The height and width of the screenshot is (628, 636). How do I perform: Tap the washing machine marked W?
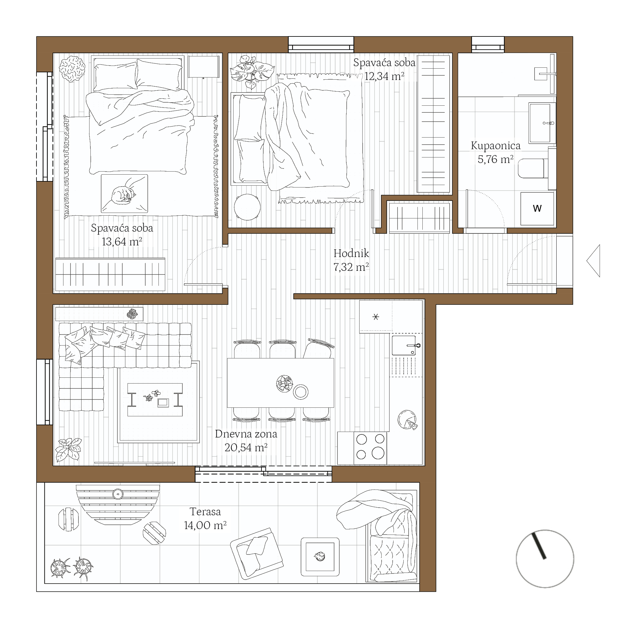pyautogui.click(x=537, y=209)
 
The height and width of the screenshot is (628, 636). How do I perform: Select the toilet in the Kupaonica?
pyautogui.click(x=533, y=168)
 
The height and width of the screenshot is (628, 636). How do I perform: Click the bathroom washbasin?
pyautogui.click(x=542, y=123)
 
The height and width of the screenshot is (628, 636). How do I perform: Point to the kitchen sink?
pyautogui.click(x=404, y=345)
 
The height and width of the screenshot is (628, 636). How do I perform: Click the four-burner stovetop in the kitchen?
pyautogui.click(x=370, y=448)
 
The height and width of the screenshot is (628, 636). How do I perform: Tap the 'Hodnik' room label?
pyautogui.click(x=351, y=253)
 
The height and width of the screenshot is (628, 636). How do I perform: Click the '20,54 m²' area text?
pyautogui.click(x=246, y=447)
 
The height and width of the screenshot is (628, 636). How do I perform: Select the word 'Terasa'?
pyautogui.click(x=205, y=512)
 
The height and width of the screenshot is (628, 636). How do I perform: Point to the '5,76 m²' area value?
pyautogui.click(x=495, y=159)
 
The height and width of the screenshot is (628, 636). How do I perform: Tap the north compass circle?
pyautogui.click(x=545, y=558)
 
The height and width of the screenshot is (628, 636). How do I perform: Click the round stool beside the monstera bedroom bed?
pyautogui.click(x=247, y=207)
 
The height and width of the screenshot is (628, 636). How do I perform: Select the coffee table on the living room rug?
pyautogui.click(x=155, y=399)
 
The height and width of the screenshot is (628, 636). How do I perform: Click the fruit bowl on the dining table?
pyautogui.click(x=284, y=384)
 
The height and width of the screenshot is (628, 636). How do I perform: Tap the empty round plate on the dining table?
pyautogui.click(x=301, y=392)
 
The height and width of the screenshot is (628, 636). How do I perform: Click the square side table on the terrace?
pyautogui.click(x=320, y=557)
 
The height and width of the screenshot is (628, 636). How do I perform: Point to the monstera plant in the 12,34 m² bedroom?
pyautogui.click(x=252, y=72)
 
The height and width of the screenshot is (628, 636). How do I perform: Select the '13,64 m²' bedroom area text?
pyautogui.click(x=122, y=242)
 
